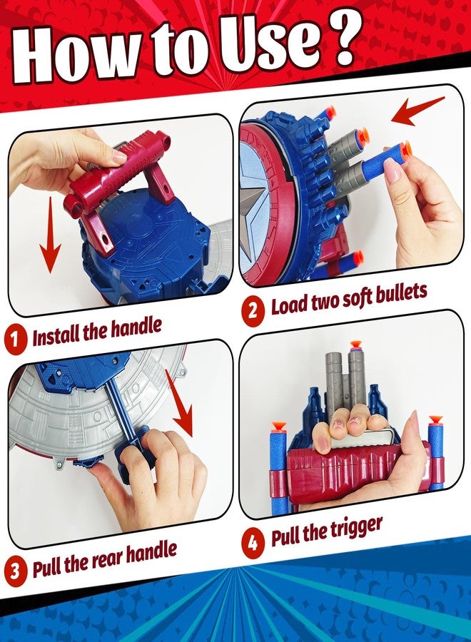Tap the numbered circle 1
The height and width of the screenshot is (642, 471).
(x=15, y=340)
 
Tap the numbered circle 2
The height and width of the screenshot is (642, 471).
(x=253, y=310)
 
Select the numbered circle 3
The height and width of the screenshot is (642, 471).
(x=15, y=570)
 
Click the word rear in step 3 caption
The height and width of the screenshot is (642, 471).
(x=107, y=559)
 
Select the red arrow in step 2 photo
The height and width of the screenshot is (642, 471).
(x=417, y=111)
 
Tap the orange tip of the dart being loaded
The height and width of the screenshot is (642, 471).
(x=405, y=151)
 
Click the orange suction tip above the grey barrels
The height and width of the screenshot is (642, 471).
(x=355, y=345)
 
